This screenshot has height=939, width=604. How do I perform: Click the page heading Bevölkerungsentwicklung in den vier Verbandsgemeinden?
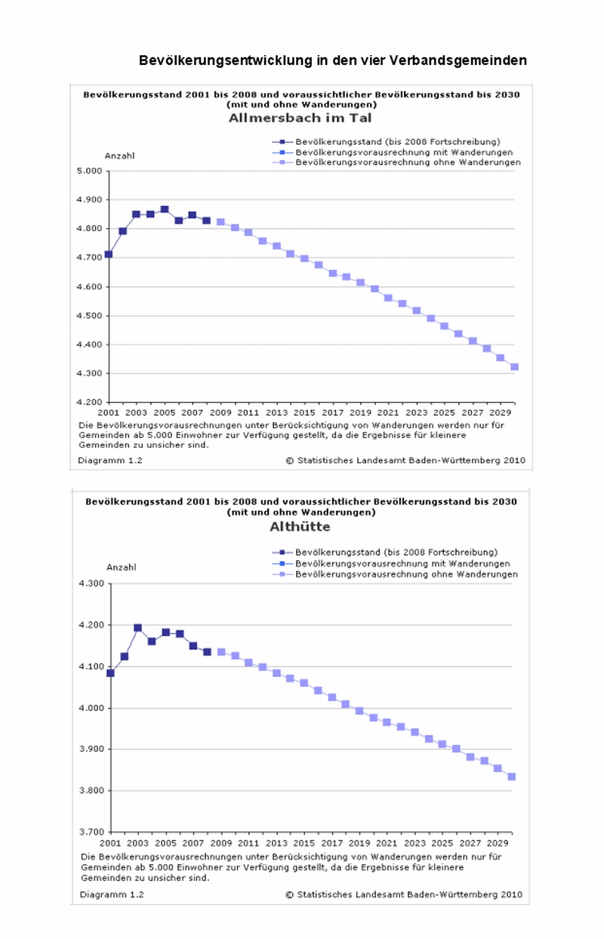click(x=332, y=60)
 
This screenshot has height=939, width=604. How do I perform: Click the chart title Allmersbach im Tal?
click(x=300, y=118)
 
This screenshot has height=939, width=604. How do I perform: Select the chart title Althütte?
click(x=300, y=527)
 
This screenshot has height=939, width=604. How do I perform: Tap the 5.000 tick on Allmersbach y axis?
click(x=89, y=171)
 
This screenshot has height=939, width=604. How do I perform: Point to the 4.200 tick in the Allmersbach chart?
click(x=89, y=402)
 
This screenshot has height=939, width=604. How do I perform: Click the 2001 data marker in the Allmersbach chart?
click(x=109, y=254)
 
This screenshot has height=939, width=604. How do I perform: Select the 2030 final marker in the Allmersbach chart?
click(x=515, y=367)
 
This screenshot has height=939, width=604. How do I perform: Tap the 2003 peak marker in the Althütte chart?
click(x=138, y=628)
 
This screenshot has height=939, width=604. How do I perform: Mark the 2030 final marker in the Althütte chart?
click(x=512, y=777)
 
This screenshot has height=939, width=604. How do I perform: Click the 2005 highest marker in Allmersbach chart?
click(x=165, y=210)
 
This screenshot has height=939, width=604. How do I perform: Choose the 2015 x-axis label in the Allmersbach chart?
click(x=304, y=414)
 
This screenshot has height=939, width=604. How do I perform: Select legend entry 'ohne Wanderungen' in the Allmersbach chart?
click(x=408, y=162)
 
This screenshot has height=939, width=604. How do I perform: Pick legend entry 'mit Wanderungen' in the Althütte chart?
click(x=402, y=564)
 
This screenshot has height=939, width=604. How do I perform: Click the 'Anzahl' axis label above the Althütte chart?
click(x=121, y=567)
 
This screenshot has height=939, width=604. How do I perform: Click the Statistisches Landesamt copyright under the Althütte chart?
click(x=403, y=894)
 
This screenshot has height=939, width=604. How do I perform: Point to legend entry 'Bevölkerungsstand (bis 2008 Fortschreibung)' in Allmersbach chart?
click(x=398, y=141)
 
